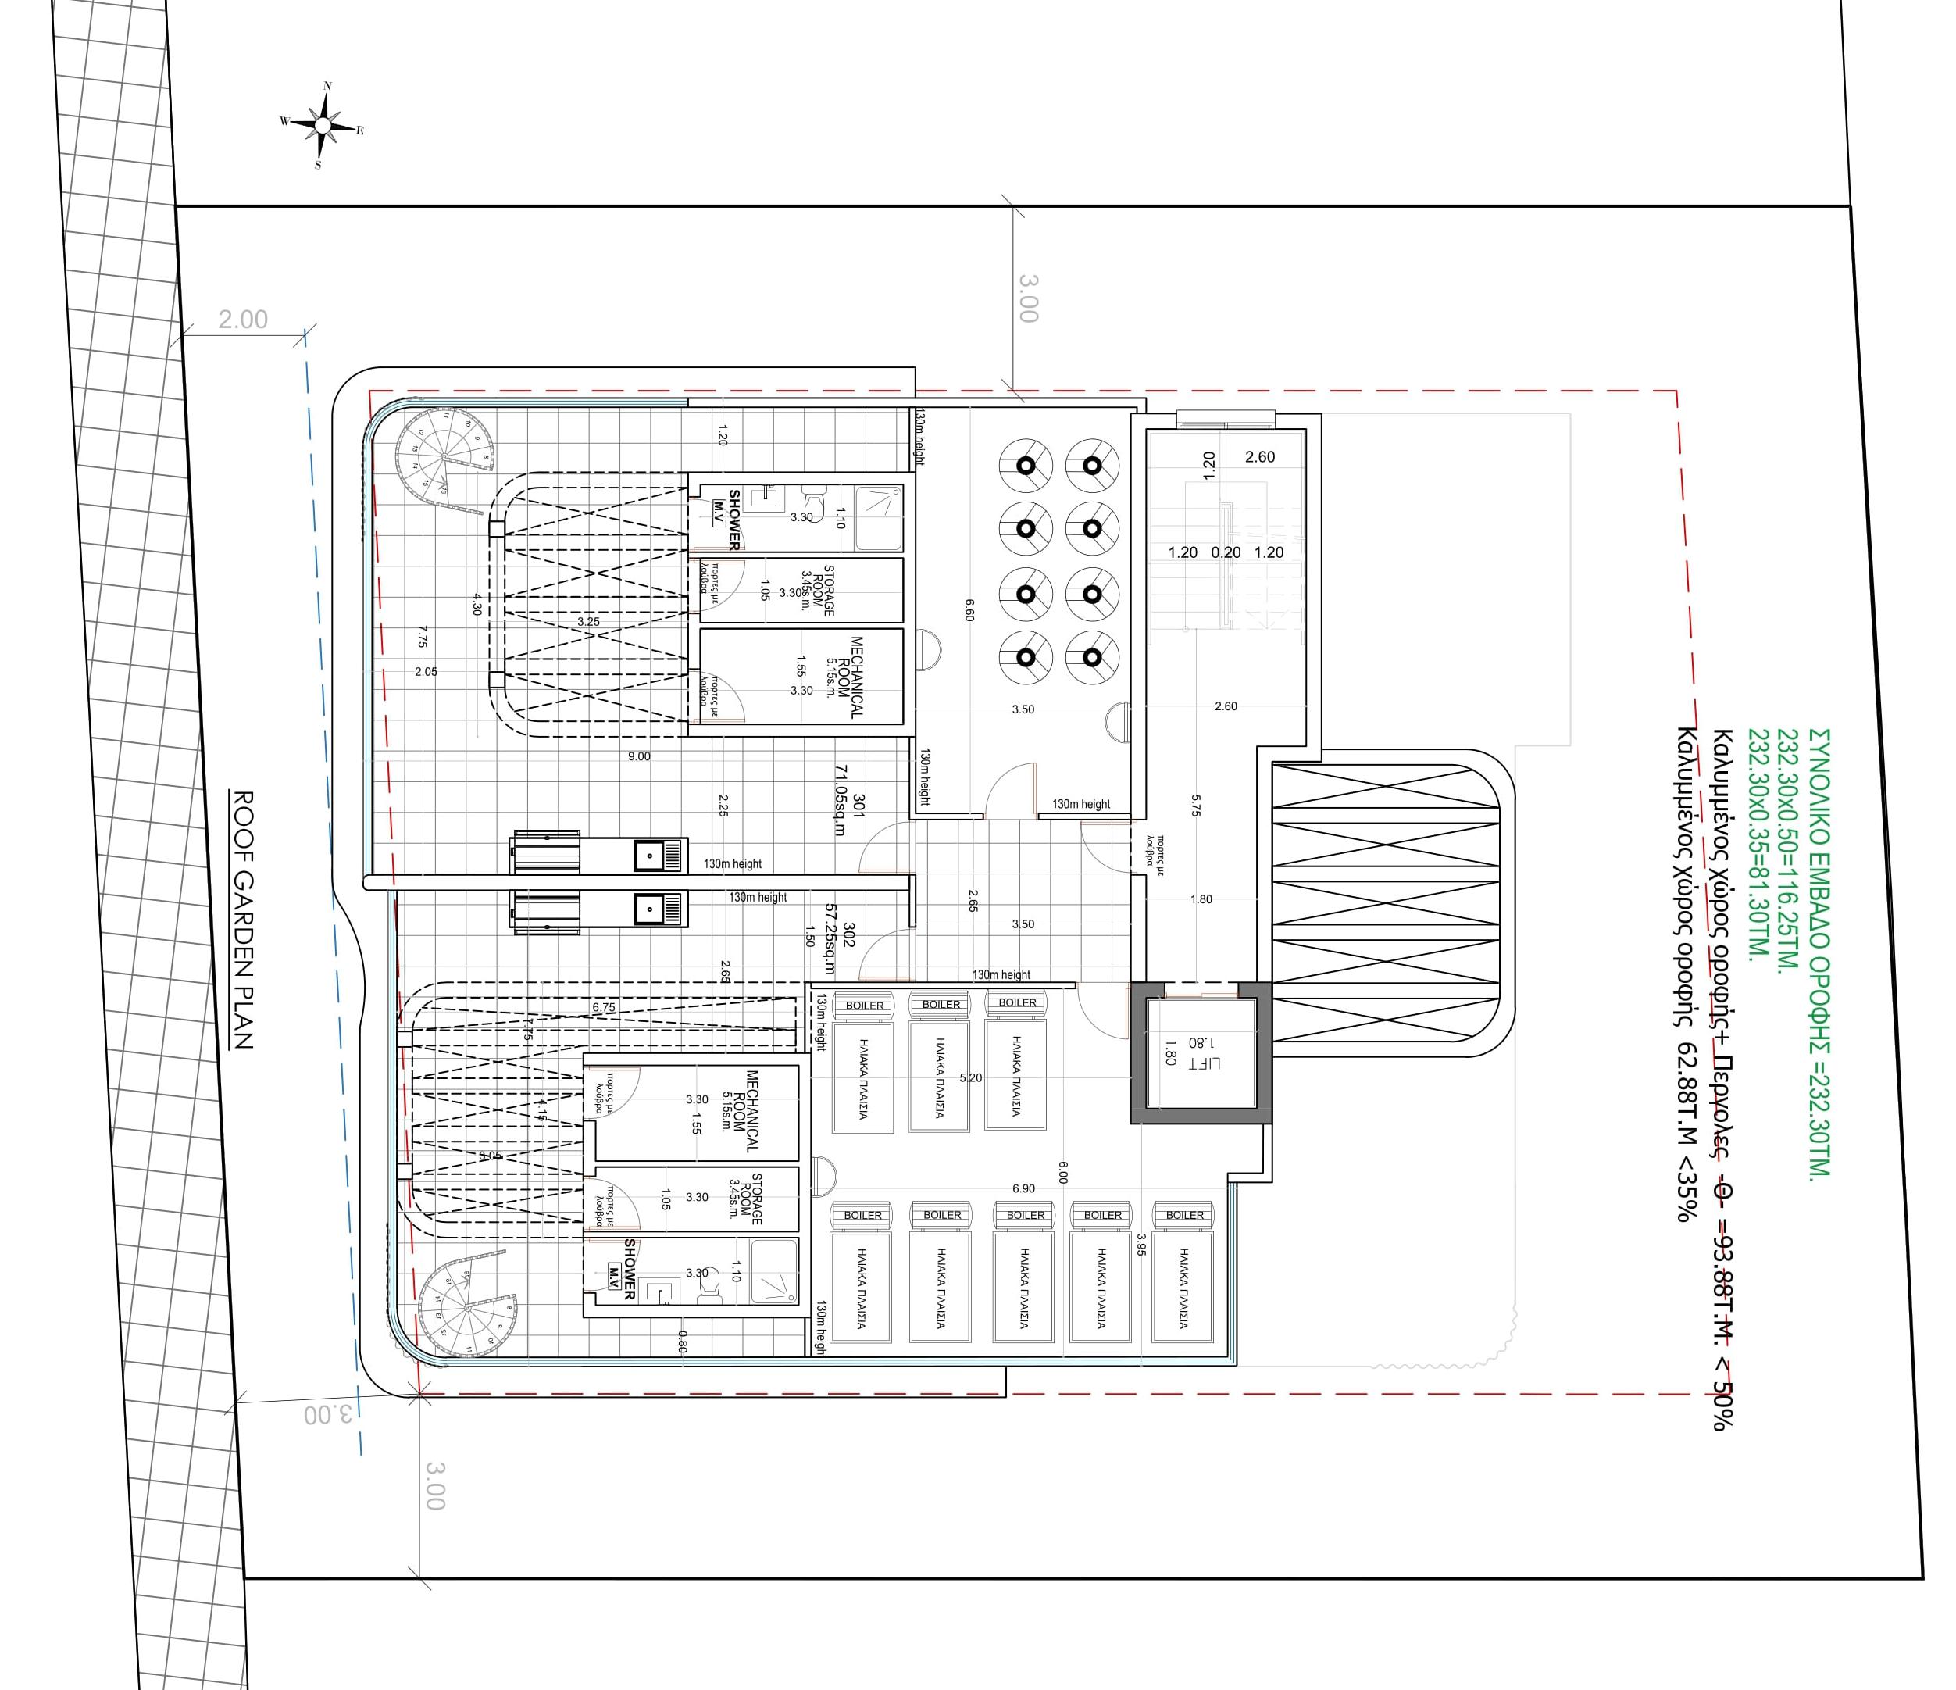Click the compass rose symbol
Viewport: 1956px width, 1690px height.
(x=323, y=125)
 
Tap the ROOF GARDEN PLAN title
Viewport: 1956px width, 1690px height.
(x=243, y=920)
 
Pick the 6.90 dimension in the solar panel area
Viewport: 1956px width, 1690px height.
(x=1023, y=1188)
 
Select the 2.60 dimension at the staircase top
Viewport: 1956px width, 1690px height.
(x=1259, y=457)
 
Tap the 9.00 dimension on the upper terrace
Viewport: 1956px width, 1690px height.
(x=639, y=756)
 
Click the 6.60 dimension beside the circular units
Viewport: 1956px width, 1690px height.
(x=969, y=609)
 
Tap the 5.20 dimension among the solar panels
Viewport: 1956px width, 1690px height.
(x=970, y=1077)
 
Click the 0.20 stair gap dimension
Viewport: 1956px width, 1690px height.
(x=1226, y=552)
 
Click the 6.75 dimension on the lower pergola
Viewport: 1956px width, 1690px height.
(x=603, y=1007)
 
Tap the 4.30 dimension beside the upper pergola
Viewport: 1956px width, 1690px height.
(x=477, y=604)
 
